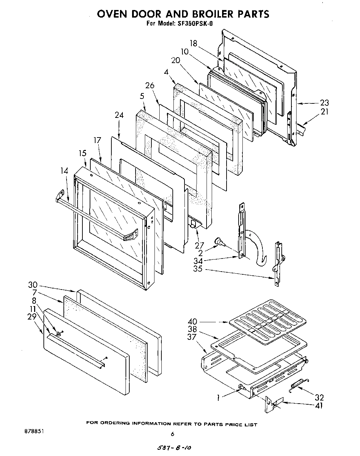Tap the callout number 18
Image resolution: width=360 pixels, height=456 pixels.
pyautogui.click(x=193, y=43)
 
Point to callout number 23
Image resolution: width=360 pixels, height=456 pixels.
pyautogui.click(x=324, y=102)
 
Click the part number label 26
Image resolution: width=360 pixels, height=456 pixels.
pyautogui.click(x=150, y=85)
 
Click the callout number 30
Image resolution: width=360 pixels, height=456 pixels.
pyautogui.click(x=33, y=285)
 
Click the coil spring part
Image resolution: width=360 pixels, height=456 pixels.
pyautogui.click(x=299, y=385)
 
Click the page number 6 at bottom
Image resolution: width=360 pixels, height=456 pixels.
pyautogui.click(x=173, y=434)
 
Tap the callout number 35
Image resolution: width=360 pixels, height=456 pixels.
pyautogui.click(x=198, y=269)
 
